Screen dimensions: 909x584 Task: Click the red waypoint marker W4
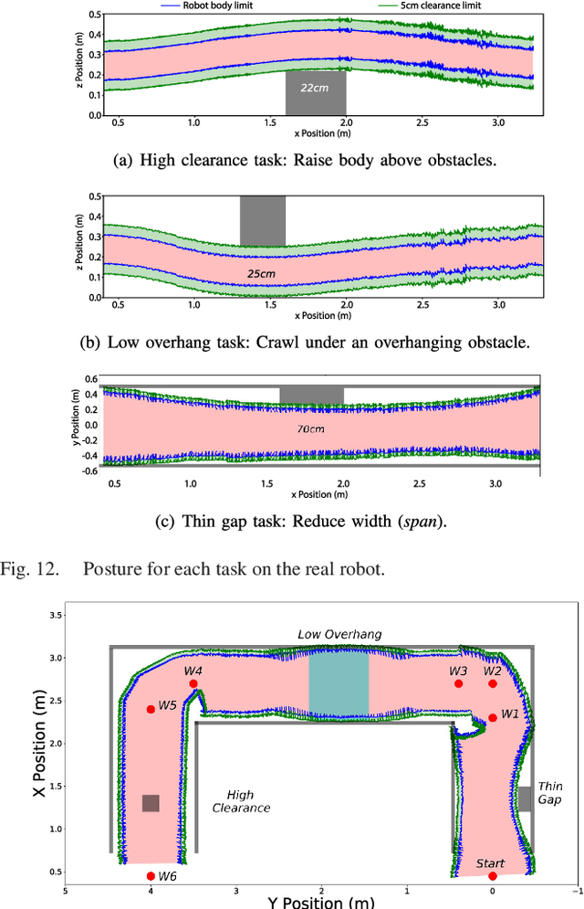pos(193,683)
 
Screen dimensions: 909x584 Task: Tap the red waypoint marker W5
pos(151,709)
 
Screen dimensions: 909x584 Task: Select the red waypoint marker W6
pos(151,876)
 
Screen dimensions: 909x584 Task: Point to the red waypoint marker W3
pos(459,683)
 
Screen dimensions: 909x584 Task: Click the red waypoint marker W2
pos(493,683)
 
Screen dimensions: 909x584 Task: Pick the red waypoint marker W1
pos(493,717)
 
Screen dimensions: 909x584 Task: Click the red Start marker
pos(493,876)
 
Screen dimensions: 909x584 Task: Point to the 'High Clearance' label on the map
pos(241,801)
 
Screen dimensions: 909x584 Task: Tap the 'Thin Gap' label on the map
pos(550,792)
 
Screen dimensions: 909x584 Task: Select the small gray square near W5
pos(151,803)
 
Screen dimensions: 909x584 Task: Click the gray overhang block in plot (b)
pos(262,220)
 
